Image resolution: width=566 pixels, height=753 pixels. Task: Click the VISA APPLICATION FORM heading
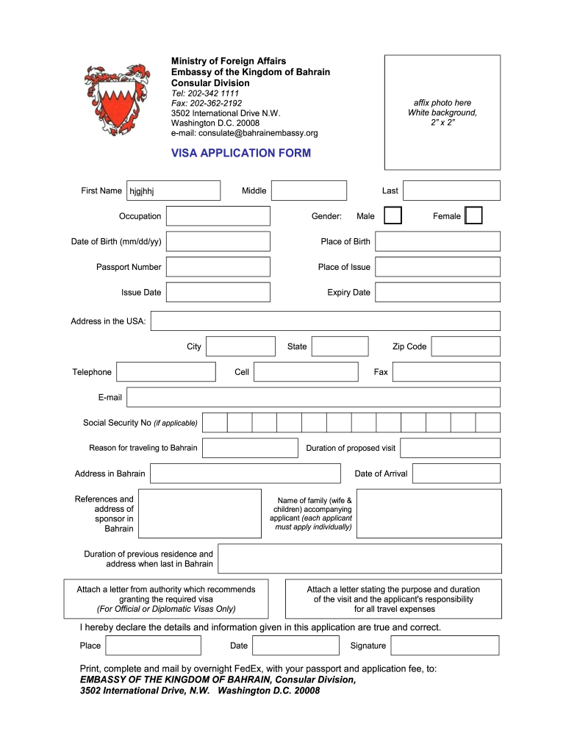tap(241, 153)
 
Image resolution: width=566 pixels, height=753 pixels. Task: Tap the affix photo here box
tap(443, 113)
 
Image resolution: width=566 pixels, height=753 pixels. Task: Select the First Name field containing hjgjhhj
tap(173, 191)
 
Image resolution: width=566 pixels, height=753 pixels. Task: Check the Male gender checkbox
tap(394, 215)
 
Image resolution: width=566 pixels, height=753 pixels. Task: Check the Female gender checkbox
tap(474, 215)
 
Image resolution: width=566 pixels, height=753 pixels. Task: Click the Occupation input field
tap(218, 216)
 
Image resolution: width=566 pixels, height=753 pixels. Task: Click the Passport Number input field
tap(218, 267)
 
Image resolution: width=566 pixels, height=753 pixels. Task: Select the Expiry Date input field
tap(437, 292)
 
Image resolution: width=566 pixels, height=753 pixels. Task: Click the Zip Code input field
tap(465, 346)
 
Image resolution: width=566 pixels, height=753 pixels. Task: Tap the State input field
tap(340, 346)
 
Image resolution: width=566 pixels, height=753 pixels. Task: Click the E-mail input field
tap(313, 397)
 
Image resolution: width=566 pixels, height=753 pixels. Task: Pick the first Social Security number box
tap(215, 423)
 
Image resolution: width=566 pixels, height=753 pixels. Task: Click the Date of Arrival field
tap(456, 474)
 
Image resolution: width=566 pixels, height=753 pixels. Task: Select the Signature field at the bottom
tap(445, 646)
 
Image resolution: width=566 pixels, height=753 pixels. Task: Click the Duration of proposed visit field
tap(450, 448)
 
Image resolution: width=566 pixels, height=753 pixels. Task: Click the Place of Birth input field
tap(437, 241)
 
